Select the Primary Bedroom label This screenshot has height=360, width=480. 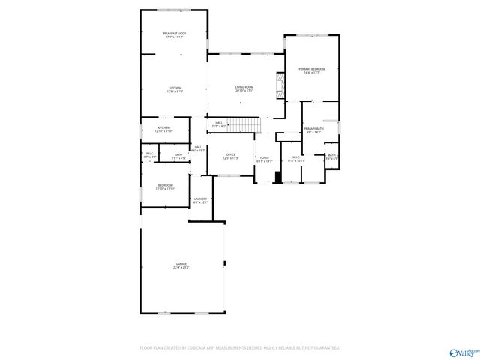coord(311,70)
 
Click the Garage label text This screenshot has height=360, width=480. coord(181,265)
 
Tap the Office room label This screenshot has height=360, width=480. coord(232,156)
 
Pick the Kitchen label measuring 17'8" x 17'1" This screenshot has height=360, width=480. coord(175,89)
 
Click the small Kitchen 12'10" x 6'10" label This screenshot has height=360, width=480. coord(163,129)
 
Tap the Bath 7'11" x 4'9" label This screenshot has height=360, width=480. coord(178,157)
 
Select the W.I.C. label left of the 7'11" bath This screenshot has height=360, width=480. coord(149,155)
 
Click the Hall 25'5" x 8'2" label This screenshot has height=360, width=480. coord(219,124)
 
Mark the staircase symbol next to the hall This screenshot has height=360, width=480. coord(243,124)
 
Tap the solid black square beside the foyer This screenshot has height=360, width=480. coord(278,178)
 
